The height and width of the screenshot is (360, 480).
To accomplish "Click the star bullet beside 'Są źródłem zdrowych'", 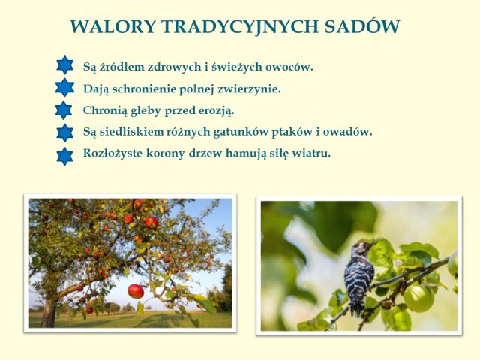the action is pyautogui.click(x=65, y=65).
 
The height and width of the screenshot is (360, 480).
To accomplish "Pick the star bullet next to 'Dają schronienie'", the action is pyautogui.click(x=64, y=87).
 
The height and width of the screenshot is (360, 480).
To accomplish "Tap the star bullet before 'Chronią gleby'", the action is pyautogui.click(x=64, y=110).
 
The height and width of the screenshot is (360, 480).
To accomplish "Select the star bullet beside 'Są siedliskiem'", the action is pyautogui.click(x=65, y=133).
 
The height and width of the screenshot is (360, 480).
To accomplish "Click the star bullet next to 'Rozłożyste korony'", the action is pyautogui.click(x=65, y=157).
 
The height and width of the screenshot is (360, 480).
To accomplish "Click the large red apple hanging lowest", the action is pyautogui.click(x=136, y=291).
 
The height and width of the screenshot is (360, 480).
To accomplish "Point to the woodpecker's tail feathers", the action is pyautogui.click(x=357, y=306).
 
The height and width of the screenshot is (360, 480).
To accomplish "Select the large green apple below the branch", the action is pyautogui.click(x=418, y=298).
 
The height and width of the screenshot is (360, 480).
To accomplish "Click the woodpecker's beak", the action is pyautogui.click(x=373, y=244).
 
